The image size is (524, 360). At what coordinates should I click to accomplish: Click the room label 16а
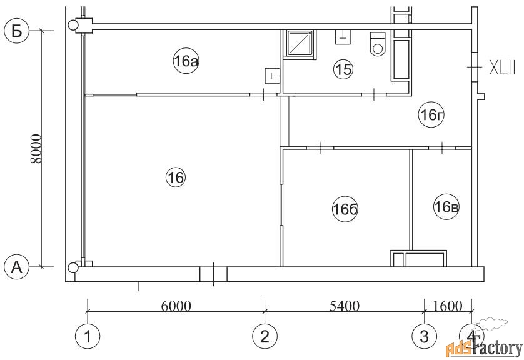coord(186,61)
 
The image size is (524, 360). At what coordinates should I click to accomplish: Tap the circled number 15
coord(343,69)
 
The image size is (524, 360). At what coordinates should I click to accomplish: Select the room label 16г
coord(431,115)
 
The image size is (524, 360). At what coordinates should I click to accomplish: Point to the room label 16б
coord(345,209)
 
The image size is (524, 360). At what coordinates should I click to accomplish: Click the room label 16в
coord(446,207)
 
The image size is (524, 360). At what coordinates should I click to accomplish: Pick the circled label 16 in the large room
coord(176,177)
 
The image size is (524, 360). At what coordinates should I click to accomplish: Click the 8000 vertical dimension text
coord(36,149)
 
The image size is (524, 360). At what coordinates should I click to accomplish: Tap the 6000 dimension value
coord(176,306)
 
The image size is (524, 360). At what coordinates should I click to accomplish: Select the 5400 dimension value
coord(345,306)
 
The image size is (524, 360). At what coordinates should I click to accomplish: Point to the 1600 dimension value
coord(448,306)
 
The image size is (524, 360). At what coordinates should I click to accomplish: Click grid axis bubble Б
coord(17,31)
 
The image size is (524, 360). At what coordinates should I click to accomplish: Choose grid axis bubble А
coord(17,267)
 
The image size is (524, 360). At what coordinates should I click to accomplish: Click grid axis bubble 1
coord(88,336)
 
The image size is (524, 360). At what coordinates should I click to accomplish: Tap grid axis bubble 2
coord(265,336)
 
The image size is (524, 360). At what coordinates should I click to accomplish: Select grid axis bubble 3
coord(425,336)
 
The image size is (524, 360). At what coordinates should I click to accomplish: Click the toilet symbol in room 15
coord(378,44)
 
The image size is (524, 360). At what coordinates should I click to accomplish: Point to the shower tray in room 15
coord(300,43)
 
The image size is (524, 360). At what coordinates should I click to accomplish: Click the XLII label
coord(503,67)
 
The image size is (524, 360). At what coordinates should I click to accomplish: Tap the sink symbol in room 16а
coord(272,76)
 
